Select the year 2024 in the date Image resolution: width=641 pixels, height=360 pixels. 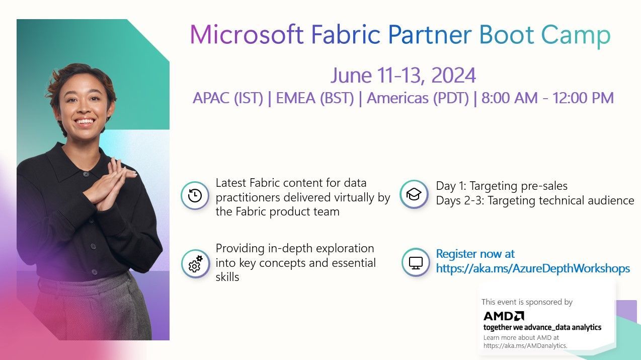click(453, 76)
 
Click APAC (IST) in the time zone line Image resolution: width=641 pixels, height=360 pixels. click(228, 98)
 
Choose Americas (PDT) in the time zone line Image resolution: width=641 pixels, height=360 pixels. click(418, 98)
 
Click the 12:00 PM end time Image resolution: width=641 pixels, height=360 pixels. click(583, 98)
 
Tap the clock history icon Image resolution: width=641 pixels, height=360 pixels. click(195, 196)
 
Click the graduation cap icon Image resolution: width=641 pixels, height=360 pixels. click(414, 194)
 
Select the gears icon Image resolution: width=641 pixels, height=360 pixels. click(195, 263)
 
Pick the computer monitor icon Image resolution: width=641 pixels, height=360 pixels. click(416, 262)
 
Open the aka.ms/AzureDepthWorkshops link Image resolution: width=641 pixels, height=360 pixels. click(533, 268)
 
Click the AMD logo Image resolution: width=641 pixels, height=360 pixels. click(504, 316)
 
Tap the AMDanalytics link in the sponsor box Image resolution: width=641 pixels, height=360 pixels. click(525, 345)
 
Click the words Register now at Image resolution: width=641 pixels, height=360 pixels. click(475, 254)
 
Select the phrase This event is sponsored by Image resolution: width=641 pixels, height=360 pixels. click(527, 302)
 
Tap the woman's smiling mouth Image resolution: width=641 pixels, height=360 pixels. click(84, 121)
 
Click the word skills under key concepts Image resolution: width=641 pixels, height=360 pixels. click(227, 277)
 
